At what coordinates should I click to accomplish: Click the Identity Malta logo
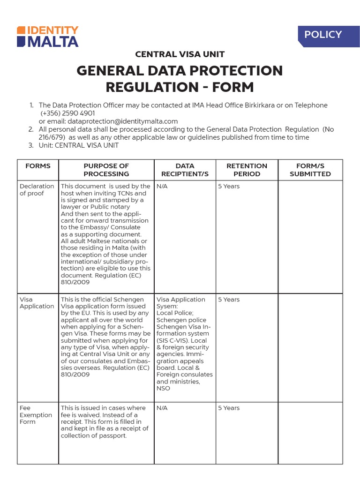tap(47, 37)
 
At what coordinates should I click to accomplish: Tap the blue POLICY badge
tap(323, 35)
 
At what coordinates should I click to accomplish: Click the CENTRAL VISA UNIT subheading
tap(180, 54)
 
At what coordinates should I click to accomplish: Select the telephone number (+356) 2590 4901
tap(67, 113)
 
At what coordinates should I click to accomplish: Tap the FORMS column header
tap(38, 166)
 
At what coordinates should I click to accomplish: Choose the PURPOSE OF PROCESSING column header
tap(106, 170)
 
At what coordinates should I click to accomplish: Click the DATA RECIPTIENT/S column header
tap(185, 170)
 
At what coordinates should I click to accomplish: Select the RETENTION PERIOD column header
tap(247, 170)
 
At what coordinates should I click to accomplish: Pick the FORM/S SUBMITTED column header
tap(310, 170)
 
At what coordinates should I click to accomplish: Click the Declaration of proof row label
tap(37, 190)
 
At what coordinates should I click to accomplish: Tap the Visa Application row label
tap(37, 303)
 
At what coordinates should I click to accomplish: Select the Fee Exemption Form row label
tap(36, 415)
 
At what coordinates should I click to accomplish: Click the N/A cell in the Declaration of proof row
tap(162, 187)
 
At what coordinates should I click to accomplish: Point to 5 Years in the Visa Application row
tap(229, 300)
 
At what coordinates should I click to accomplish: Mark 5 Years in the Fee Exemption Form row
tap(229, 408)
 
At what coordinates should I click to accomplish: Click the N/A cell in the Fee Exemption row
tap(162, 408)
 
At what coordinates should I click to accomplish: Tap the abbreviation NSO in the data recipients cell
tap(164, 389)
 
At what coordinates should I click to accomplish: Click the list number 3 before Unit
tap(31, 145)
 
